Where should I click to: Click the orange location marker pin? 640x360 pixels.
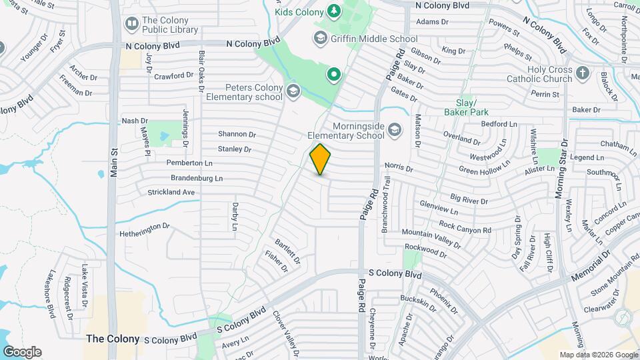coord(321,159)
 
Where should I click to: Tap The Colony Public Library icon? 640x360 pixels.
coord(132,25)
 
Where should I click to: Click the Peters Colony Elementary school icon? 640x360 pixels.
coord(292,91)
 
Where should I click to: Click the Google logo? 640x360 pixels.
coord(22,352)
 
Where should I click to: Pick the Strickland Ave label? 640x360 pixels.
coord(171,192)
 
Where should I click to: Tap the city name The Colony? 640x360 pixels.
coord(113,339)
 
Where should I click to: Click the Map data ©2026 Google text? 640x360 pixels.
coord(599,355)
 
